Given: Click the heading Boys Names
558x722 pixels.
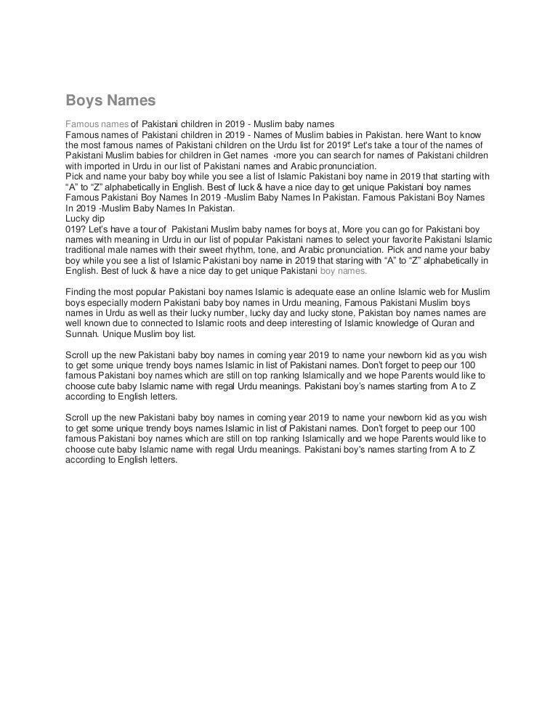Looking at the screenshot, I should pyautogui.click(x=110, y=100).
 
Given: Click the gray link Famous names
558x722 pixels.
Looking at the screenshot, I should pyautogui.click(x=97, y=125).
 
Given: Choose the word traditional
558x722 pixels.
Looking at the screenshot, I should pyautogui.click(x=89, y=249).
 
